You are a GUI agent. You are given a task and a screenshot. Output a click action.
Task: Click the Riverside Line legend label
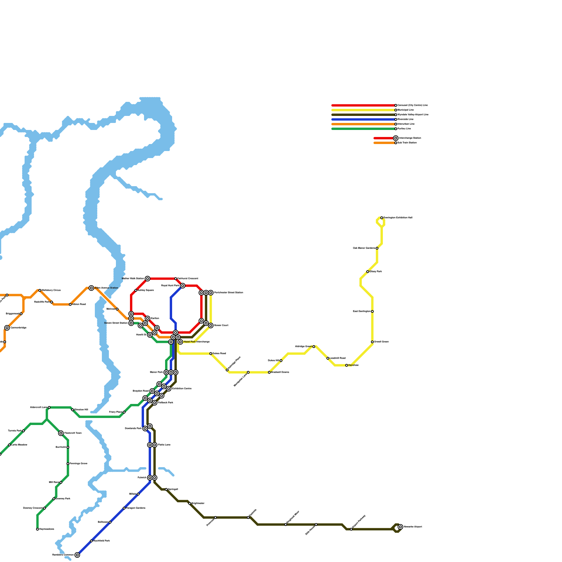click(405, 119)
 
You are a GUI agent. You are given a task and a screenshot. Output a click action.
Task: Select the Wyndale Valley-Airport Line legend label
click(413, 115)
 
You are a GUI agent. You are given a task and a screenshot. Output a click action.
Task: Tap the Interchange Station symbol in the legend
click(396, 138)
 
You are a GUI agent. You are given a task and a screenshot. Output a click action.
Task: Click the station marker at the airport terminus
click(400, 527)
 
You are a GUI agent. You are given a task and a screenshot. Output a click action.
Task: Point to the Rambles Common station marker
click(77, 555)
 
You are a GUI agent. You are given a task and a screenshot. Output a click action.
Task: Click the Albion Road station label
click(79, 305)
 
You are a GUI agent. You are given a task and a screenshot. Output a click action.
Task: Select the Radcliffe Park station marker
click(52, 302)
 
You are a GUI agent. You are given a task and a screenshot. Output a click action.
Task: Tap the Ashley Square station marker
click(136, 290)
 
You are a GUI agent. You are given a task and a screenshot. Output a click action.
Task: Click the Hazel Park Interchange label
click(196, 342)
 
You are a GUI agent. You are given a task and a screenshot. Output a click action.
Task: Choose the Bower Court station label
click(221, 326)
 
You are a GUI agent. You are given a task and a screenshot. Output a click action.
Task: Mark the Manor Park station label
click(156, 372)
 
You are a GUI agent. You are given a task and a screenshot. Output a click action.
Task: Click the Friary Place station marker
click(124, 412)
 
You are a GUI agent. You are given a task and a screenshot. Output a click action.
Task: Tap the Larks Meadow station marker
click(9, 445)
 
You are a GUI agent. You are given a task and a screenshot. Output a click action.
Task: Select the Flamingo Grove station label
click(78, 464)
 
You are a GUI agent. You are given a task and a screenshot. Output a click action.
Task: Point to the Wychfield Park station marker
click(91, 541)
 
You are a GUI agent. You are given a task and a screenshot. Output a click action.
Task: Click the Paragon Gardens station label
click(136, 508)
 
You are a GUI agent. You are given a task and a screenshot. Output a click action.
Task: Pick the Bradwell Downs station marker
click(269, 372)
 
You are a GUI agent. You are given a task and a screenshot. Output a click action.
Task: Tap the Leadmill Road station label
click(338, 358)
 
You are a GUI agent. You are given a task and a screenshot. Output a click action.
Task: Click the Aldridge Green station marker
click(314, 347)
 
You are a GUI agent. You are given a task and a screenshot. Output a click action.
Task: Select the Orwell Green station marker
click(372, 342)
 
